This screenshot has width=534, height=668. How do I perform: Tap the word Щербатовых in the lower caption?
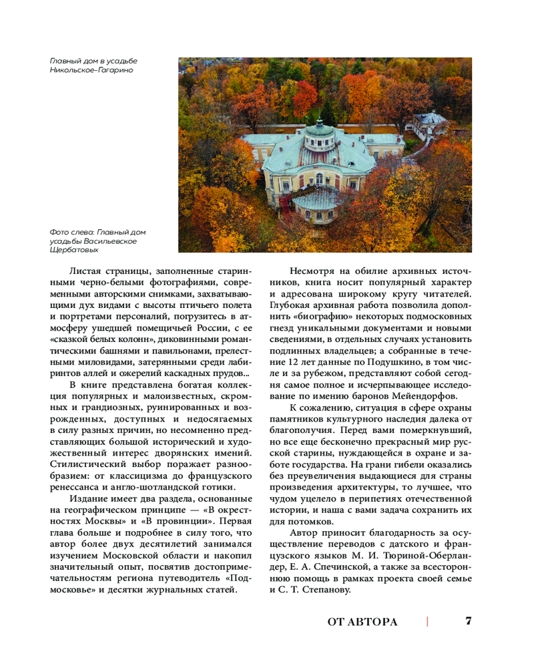point(74,250)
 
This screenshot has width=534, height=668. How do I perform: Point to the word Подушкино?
point(400,363)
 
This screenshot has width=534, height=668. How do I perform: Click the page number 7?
point(469,621)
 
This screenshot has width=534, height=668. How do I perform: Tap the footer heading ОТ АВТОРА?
point(362,622)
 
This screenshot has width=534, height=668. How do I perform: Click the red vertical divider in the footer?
point(427,622)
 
